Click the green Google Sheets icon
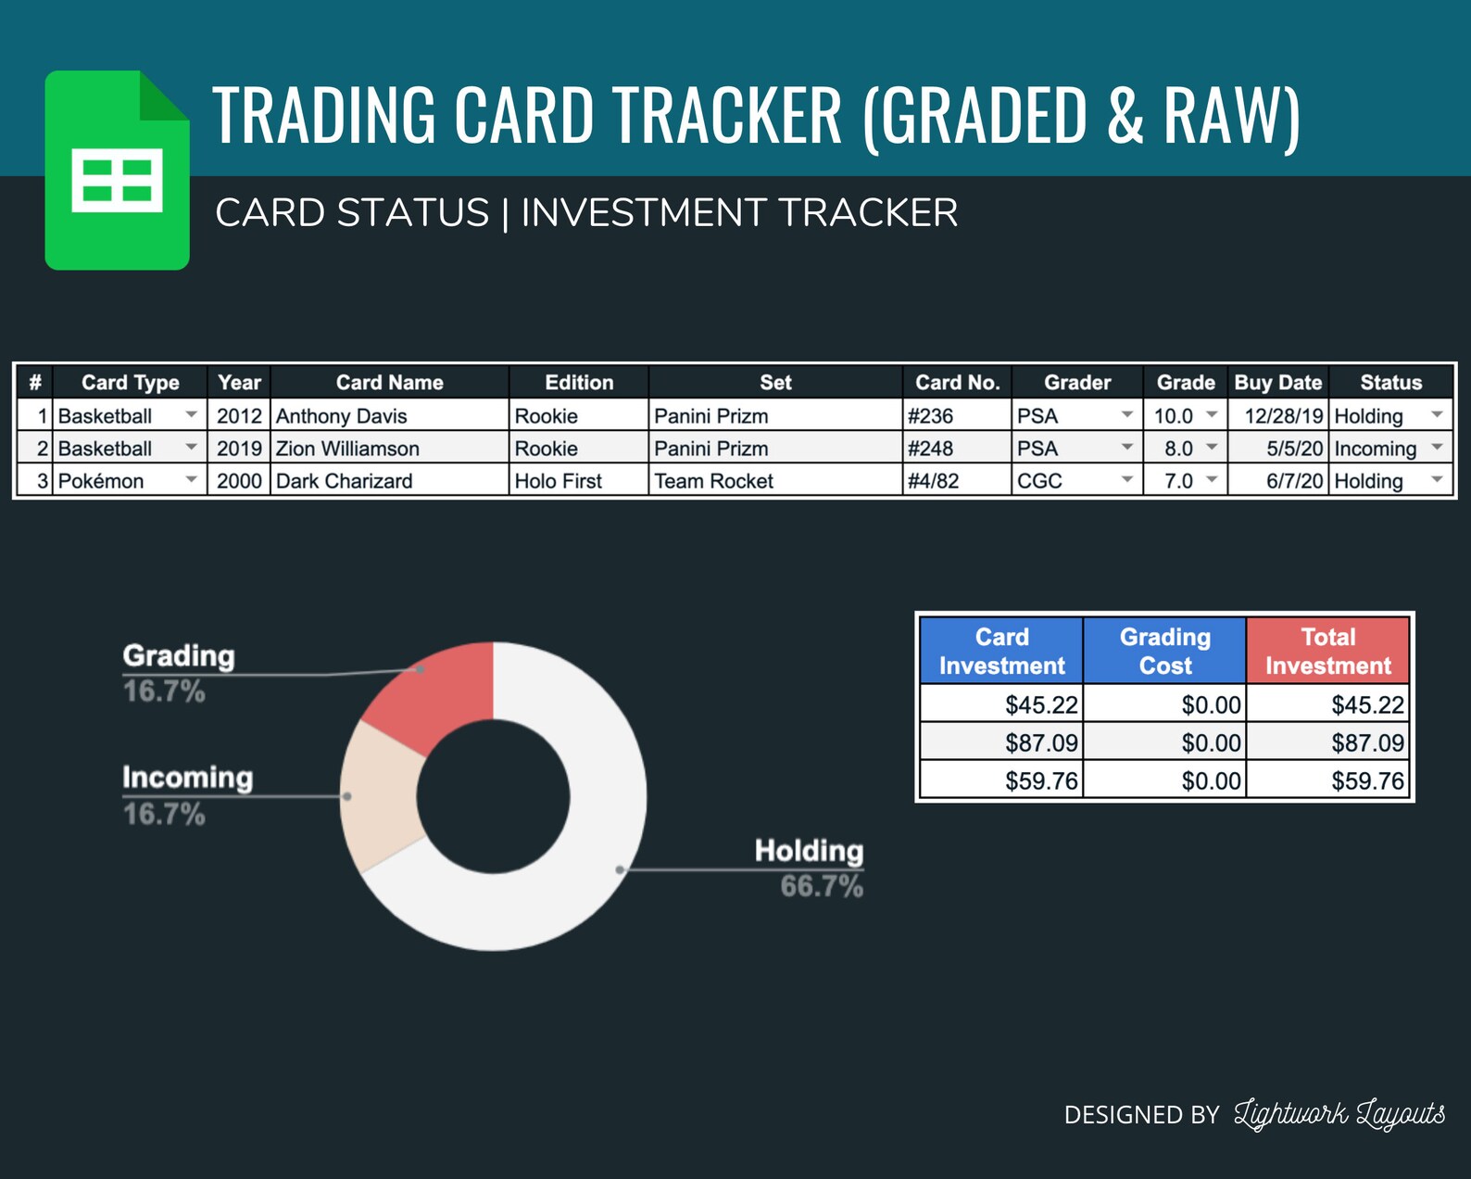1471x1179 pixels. coord(117,171)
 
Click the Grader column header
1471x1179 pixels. coord(1076,382)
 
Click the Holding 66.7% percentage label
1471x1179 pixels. coord(821,886)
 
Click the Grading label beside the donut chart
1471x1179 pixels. coord(179,655)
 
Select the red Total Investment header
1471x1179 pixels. coord(1327,651)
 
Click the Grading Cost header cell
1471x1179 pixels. coord(1164,651)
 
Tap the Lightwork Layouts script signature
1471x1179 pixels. coord(1339,1113)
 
